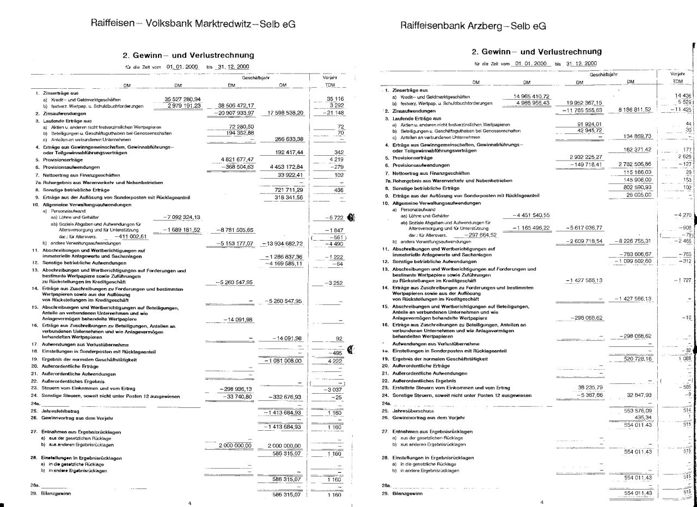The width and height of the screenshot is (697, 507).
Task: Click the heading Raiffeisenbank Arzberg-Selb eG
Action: (x=473, y=26)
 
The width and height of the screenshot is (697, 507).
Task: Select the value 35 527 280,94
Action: (x=183, y=99)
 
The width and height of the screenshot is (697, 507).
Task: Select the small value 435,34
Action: (x=638, y=417)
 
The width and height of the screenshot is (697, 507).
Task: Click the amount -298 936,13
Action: (x=235, y=389)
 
